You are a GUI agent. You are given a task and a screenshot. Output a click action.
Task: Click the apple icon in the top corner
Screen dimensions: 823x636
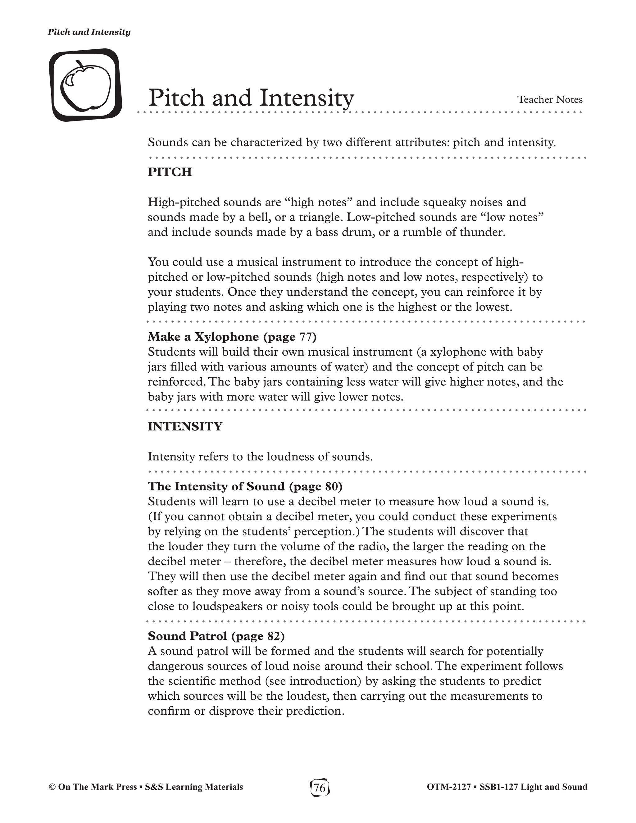pos(85,85)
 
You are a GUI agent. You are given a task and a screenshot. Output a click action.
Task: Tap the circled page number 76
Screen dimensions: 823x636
pos(320,787)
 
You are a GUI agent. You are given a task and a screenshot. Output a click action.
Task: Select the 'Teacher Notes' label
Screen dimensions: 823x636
pos(550,100)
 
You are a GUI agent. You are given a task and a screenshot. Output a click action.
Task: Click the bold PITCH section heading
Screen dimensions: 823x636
pos(170,172)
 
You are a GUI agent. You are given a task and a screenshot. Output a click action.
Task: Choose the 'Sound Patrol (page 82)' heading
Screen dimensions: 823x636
pos(216,636)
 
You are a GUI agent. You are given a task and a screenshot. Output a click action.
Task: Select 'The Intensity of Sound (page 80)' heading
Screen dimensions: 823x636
pos(245,486)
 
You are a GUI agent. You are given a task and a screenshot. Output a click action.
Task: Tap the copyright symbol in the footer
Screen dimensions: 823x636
pos(52,787)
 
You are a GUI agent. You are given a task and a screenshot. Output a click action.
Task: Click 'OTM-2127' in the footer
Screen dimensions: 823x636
pos(449,787)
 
